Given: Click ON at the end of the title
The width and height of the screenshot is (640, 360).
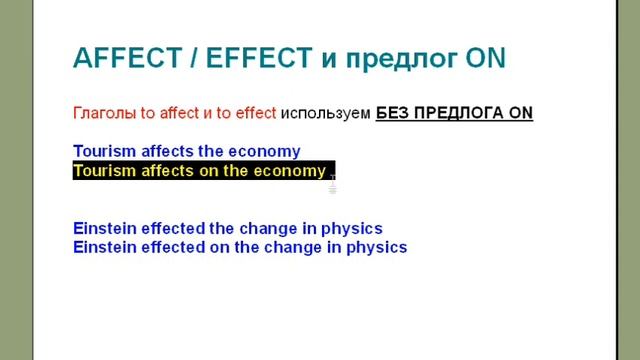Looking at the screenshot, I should (486, 59).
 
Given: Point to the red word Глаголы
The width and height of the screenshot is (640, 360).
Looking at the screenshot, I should (103, 113).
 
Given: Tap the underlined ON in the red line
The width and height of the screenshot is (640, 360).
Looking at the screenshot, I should (521, 113).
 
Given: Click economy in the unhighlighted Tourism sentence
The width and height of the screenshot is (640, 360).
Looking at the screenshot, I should (263, 152).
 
